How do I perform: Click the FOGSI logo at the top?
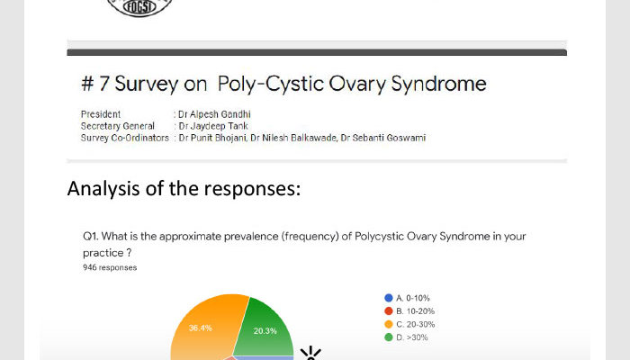coord(139,7)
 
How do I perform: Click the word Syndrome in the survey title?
coord(438,85)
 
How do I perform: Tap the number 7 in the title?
coord(104,84)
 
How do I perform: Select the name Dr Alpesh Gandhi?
coord(214,114)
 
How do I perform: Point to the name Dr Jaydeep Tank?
coord(213,126)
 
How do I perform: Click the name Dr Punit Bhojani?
coord(212,138)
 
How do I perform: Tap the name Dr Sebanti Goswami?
coord(382,138)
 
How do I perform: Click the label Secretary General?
coord(117,126)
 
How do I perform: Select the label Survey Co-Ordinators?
coord(124,138)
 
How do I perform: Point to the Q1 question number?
coord(90,236)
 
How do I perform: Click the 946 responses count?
coord(110,267)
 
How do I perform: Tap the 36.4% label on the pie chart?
coord(200,328)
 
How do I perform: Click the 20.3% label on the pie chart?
coord(265,331)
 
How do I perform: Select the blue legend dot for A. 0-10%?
coord(388,298)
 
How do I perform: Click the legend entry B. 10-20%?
coord(409,311)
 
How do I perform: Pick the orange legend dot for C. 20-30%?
coord(388,324)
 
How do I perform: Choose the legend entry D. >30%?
coord(406,337)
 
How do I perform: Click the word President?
coord(101,114)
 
